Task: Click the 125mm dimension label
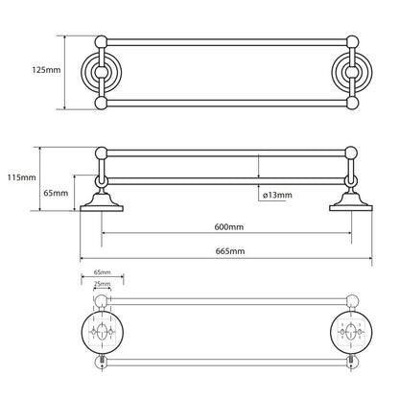46,70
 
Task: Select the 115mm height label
21,177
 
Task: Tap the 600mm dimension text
229,226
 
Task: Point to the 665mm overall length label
230,251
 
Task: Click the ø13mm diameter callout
277,195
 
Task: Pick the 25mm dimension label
102,284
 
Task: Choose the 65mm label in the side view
56,193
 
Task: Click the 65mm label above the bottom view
103,272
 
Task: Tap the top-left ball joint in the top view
101,42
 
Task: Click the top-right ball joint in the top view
352,42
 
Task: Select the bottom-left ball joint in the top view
101,103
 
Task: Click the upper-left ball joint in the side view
102,153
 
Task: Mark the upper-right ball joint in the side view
351,153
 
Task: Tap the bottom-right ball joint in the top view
352,103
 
